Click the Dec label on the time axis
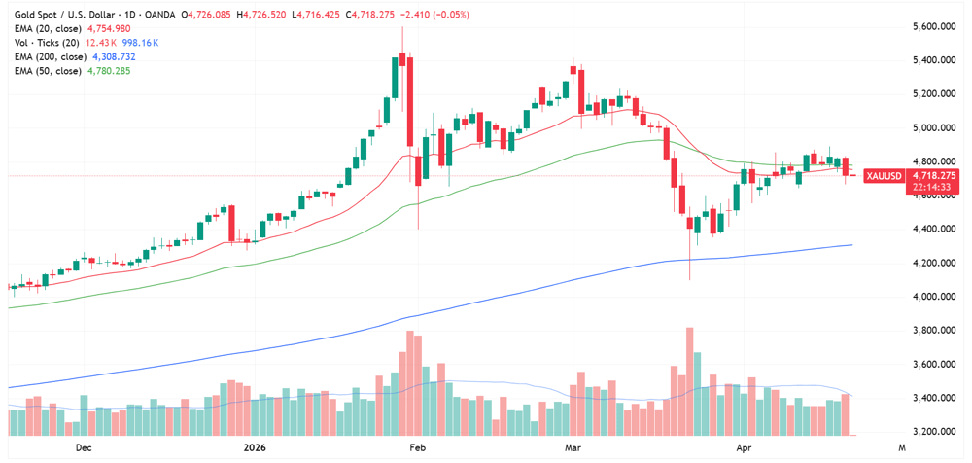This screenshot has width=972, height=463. click(83, 448)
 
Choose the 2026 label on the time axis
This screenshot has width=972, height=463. click(253, 448)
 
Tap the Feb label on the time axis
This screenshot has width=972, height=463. click(417, 448)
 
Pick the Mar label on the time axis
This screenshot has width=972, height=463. click(573, 448)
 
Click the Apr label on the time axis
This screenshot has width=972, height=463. click(745, 448)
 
